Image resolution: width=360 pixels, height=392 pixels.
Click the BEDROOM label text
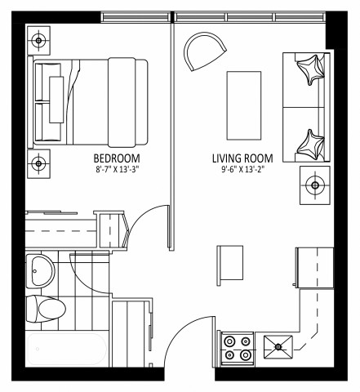pyautogui.click(x=116, y=158)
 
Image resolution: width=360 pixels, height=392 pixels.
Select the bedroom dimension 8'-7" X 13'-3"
pyautogui.click(x=116, y=170)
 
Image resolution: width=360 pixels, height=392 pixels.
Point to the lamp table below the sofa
pyautogui.click(x=315, y=185)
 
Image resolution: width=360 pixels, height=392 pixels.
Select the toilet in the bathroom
pyautogui.click(x=47, y=309)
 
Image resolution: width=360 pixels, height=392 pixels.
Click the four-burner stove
pyautogui.click(x=236, y=349)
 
